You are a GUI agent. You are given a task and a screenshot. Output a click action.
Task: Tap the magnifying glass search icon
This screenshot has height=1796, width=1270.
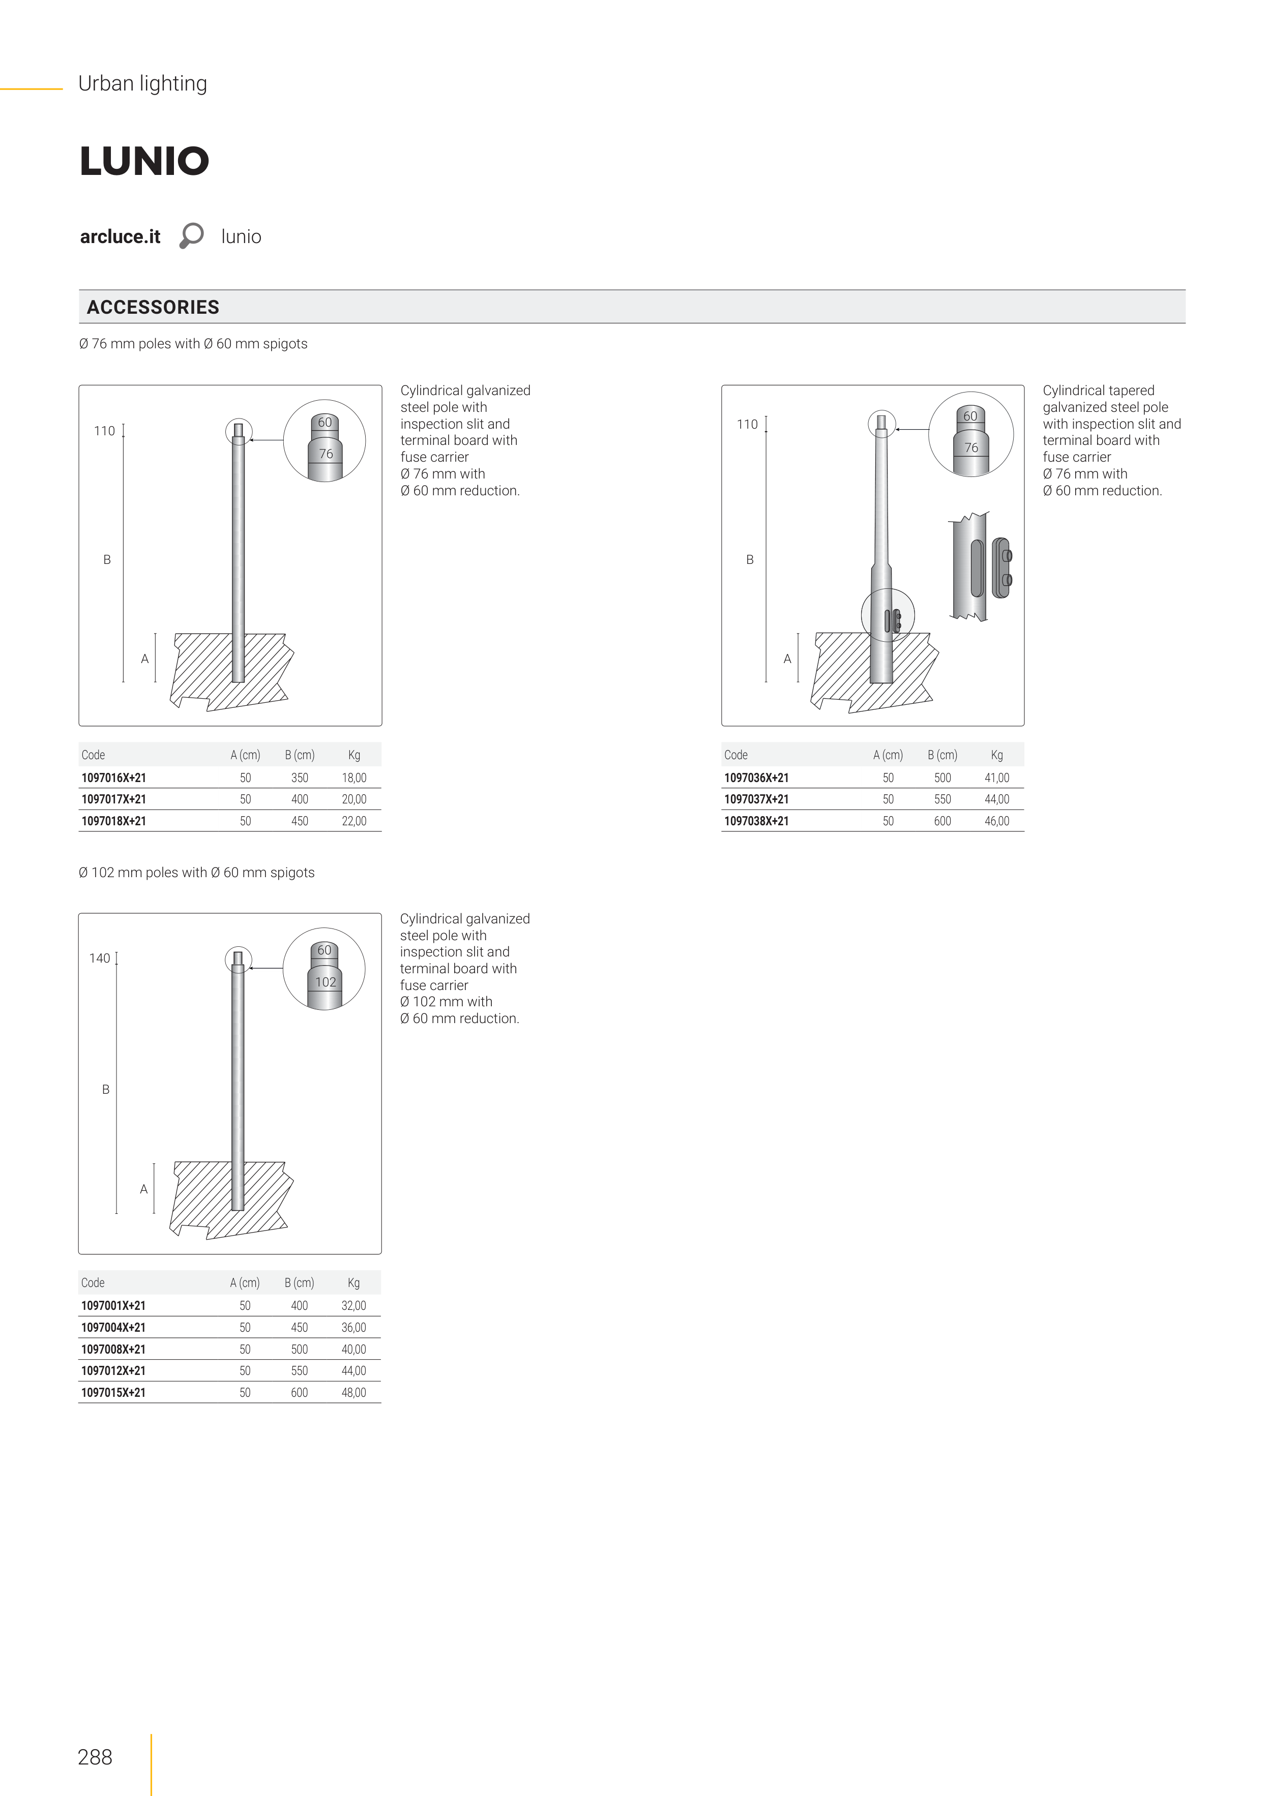coord(191,235)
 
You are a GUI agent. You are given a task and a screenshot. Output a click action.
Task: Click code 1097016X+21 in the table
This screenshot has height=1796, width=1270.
coord(113,777)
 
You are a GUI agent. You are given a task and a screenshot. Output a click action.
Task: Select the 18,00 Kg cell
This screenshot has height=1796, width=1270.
coord(353,777)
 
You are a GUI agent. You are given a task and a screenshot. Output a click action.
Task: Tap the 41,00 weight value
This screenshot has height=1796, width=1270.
coord(996,777)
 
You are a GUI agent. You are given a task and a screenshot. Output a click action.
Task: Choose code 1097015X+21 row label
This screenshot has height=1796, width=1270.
coord(113,1392)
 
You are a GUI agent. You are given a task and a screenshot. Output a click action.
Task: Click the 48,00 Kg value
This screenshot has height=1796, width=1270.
coord(353,1392)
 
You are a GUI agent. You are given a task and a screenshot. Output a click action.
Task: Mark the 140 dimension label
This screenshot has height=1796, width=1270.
coord(99,958)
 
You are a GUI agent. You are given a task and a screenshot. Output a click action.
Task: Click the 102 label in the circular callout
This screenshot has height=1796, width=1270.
coord(326,982)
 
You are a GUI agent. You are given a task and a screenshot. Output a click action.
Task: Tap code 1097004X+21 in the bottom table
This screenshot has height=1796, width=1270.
coord(113,1328)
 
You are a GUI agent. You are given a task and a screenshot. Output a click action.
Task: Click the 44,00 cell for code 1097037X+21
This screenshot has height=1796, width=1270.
coord(996,799)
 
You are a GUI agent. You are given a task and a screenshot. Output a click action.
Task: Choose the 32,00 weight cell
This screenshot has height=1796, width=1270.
coord(353,1305)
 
